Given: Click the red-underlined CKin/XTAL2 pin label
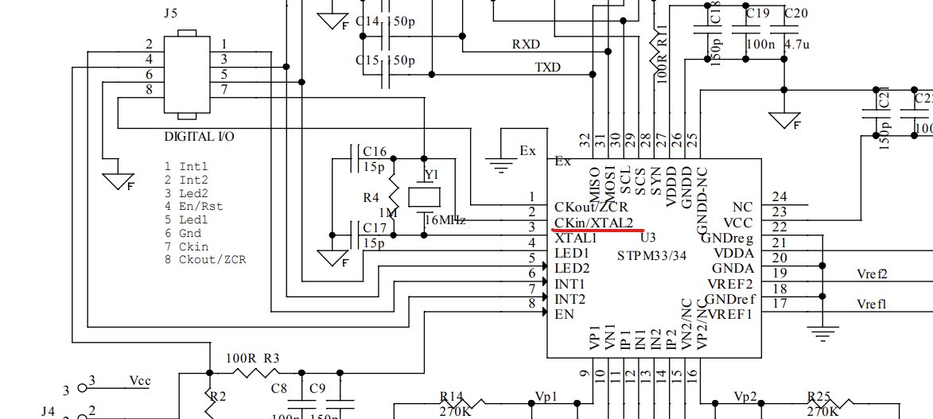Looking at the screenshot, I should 593,222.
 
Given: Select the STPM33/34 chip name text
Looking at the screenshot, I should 651,255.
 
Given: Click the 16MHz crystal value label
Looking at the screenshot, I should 445,219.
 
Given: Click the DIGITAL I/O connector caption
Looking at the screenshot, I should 199,136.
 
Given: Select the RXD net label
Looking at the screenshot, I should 526,44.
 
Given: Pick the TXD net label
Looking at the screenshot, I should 547,68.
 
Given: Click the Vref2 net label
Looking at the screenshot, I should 872,274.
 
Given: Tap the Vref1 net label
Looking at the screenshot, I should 872,305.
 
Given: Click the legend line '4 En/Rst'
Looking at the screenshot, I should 193,206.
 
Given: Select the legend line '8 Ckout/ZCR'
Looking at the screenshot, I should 204,260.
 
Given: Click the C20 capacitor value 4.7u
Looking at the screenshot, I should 795,45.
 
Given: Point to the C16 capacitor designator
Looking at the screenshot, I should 375,152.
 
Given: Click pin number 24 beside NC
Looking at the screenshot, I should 779,197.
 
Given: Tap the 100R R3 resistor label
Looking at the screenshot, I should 252,358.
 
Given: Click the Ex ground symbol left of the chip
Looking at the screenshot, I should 500,163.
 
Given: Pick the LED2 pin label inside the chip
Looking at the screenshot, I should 572,268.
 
